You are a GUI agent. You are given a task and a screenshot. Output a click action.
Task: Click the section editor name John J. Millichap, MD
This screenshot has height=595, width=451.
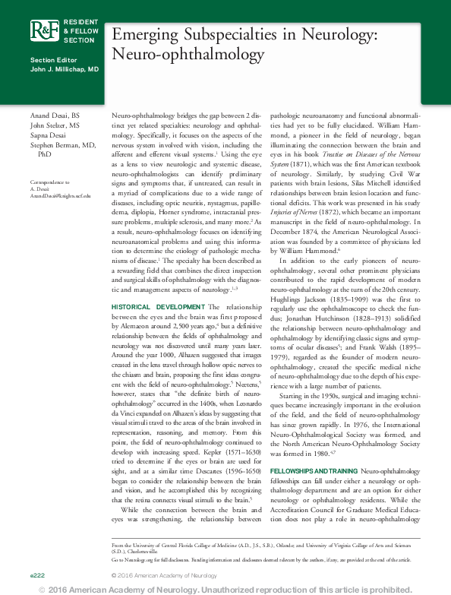click(x=65, y=69)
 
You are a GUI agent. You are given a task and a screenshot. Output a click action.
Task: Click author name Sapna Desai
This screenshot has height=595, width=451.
click(x=52, y=135)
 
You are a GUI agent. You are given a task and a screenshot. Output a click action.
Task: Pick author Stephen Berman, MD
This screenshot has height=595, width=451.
click(x=62, y=144)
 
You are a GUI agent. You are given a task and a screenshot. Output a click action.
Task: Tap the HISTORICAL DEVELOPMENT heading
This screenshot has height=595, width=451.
click(x=156, y=305)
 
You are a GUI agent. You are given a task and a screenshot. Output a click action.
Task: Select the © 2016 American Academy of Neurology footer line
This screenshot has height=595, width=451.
click(x=164, y=576)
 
